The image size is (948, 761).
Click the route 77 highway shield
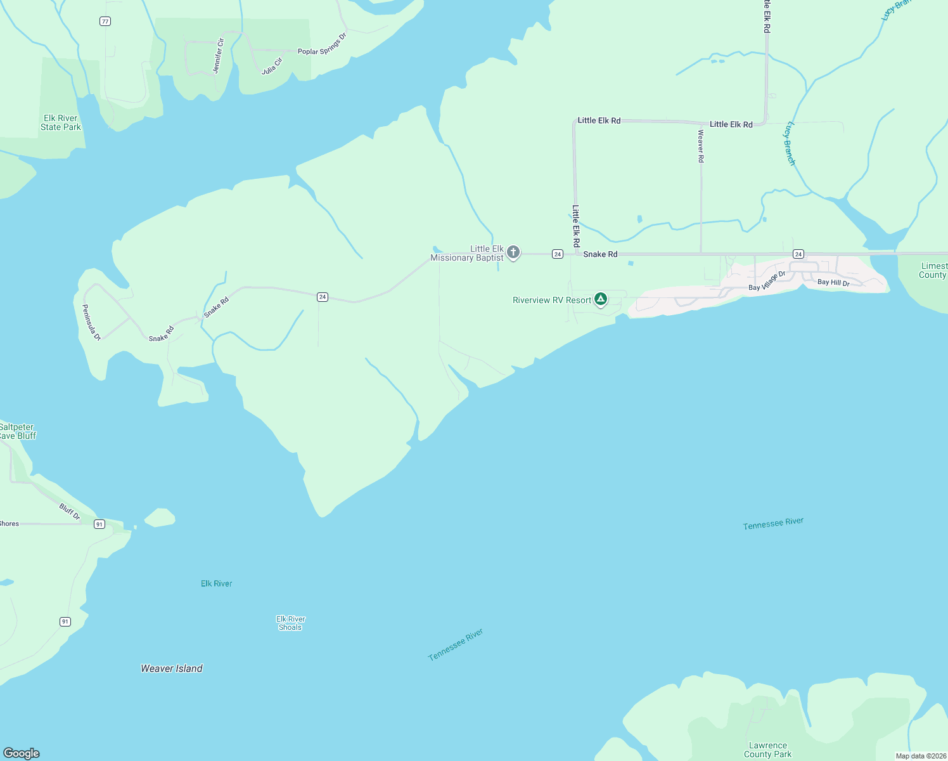click(x=105, y=21)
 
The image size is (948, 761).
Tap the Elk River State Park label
click(x=61, y=122)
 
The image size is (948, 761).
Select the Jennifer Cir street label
click(x=219, y=56)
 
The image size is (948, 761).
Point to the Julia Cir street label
click(x=272, y=66)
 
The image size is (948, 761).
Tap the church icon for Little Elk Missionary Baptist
click(x=513, y=252)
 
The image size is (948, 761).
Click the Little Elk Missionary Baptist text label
click(x=468, y=253)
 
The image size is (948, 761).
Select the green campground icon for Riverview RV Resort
click(x=601, y=299)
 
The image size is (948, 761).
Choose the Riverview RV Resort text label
click(x=552, y=300)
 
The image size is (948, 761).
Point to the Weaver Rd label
click(x=701, y=146)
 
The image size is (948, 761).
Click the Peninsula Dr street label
click(x=92, y=322)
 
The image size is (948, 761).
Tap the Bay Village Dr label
click(x=767, y=281)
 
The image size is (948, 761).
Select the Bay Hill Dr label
click(x=833, y=282)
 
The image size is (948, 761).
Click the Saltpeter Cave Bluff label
click(x=18, y=431)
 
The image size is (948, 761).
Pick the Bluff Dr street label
click(x=70, y=511)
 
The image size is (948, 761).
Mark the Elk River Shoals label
click(x=291, y=623)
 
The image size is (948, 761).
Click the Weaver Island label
click(x=172, y=668)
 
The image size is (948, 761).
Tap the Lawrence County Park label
click(x=767, y=750)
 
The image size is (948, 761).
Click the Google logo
click(x=22, y=753)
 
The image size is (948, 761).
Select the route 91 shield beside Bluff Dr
click(x=99, y=524)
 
